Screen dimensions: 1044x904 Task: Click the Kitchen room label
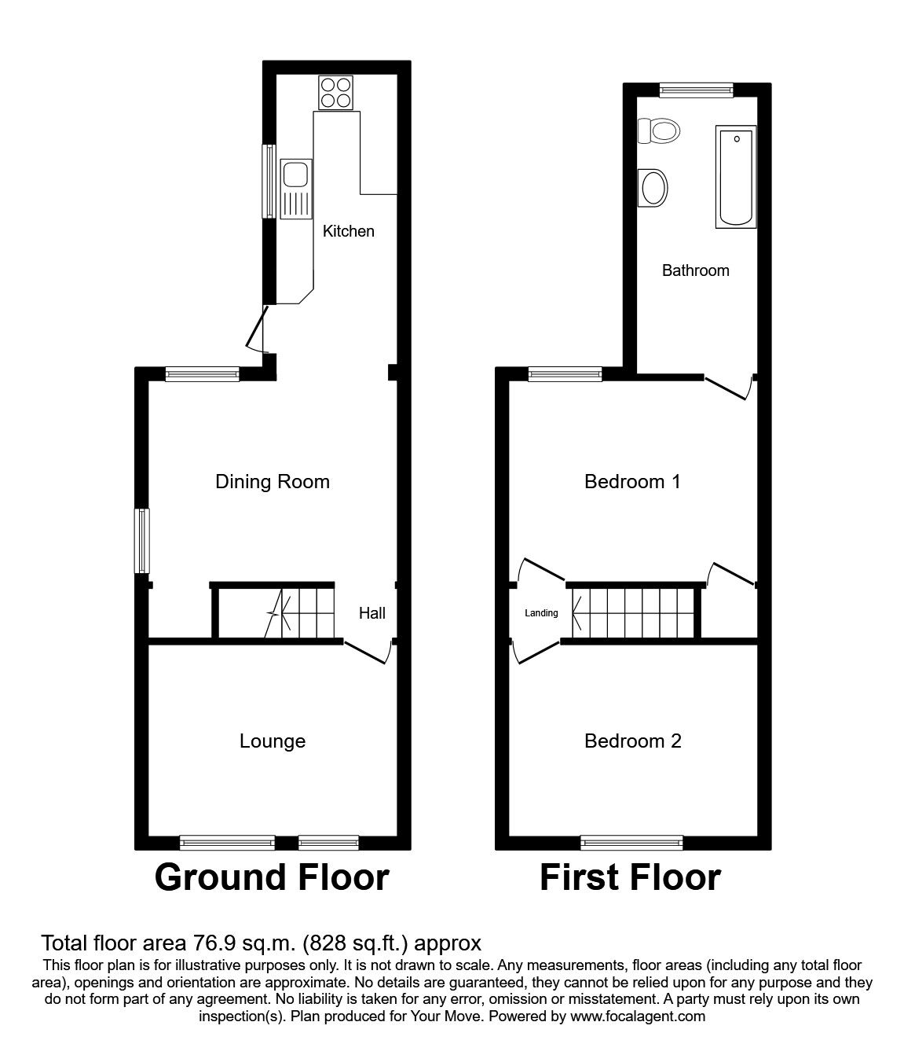349,231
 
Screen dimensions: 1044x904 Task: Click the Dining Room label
273,481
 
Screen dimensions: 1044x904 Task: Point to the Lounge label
273,741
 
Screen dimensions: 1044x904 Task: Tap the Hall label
372,613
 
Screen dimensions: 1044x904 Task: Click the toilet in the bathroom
659,130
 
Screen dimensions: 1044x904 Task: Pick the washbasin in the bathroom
653,188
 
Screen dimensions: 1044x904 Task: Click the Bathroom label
695,270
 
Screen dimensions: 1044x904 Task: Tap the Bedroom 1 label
632,481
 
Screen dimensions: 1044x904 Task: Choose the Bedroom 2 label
633,741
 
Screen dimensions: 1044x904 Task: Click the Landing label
541,613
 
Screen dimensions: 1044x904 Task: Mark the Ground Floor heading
272,877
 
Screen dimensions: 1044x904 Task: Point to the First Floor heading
630,877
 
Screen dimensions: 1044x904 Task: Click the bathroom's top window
696,90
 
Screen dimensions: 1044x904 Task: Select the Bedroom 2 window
631,843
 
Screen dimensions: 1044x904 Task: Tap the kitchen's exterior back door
257,330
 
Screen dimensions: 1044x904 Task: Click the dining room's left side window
142,540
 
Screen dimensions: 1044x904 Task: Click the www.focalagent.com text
637,1016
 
